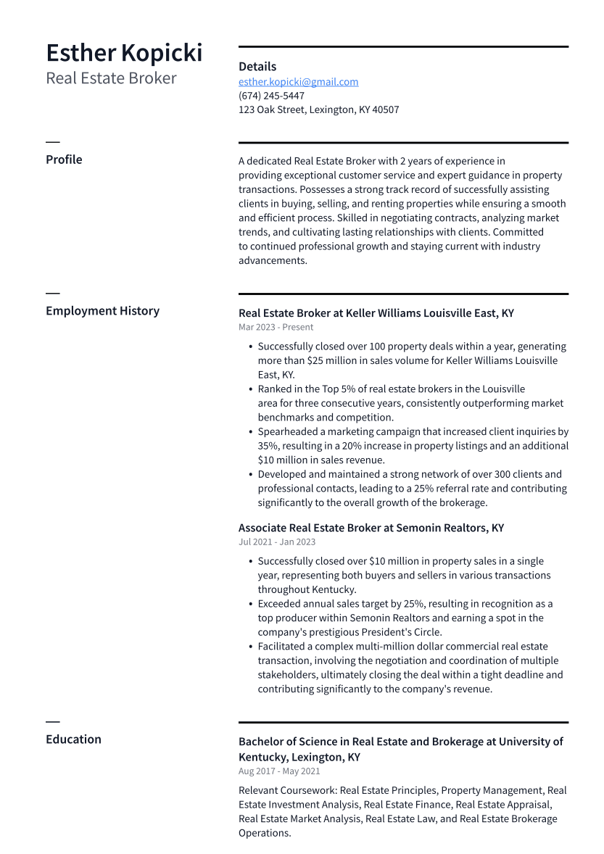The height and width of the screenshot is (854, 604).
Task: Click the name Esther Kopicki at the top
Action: (124, 53)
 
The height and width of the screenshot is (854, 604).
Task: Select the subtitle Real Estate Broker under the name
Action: (111, 78)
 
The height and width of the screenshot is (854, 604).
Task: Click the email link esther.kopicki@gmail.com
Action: (298, 82)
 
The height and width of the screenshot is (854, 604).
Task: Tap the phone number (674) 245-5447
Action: (271, 96)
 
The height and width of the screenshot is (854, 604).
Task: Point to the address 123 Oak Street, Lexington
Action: (318, 110)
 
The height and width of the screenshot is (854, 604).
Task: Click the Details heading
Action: (257, 67)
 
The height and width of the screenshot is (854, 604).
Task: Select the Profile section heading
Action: (64, 159)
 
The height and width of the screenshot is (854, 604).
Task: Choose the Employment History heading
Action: (102, 311)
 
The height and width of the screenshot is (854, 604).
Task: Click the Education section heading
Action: (73, 739)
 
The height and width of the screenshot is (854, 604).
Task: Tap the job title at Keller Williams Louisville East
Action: (376, 313)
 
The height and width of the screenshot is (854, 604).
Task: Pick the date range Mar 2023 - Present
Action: (276, 327)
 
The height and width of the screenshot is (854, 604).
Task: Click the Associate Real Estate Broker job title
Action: (371, 528)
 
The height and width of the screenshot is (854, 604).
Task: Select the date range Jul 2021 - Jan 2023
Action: (277, 542)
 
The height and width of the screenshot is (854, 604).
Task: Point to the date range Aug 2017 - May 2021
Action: (279, 771)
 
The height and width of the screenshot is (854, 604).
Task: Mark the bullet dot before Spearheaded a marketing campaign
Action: (250, 432)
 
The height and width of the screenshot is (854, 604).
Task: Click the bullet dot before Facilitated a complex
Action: (250, 647)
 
